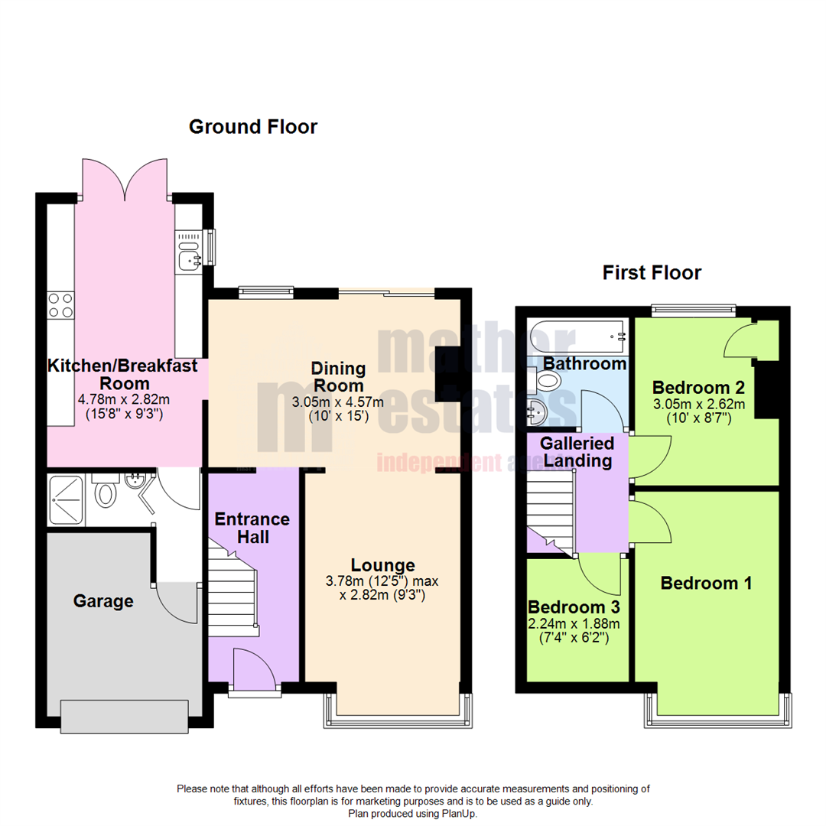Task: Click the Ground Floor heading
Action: [252, 127]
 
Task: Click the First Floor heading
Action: [652, 272]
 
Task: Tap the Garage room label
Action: [103, 601]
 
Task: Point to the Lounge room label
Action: [379, 565]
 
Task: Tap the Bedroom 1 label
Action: [706, 583]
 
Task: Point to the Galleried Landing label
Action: [577, 452]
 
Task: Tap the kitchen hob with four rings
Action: [60, 306]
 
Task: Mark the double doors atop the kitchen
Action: [125, 180]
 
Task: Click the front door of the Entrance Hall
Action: [254, 669]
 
